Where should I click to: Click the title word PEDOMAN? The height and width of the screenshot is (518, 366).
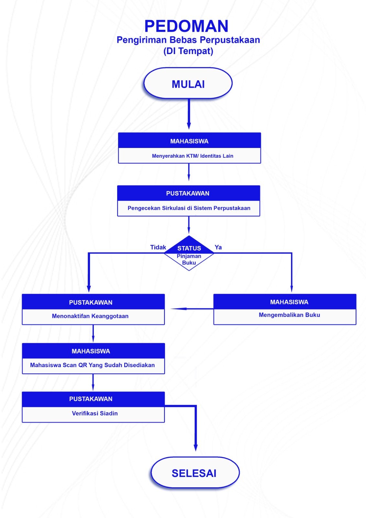click(x=186, y=26)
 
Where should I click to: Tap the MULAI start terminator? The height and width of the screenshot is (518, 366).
click(x=188, y=84)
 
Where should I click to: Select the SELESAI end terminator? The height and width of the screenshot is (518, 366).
click(x=194, y=473)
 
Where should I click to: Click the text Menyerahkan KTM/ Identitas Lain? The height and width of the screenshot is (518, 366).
click(x=193, y=156)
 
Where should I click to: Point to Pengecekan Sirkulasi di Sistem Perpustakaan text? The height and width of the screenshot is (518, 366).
click(x=189, y=208)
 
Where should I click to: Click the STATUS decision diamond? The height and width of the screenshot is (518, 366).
click(x=189, y=253)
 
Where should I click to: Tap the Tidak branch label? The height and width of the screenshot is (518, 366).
click(x=158, y=247)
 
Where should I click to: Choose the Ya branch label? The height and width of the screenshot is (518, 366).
click(x=218, y=247)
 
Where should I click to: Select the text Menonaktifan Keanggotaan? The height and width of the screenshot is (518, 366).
click(x=90, y=316)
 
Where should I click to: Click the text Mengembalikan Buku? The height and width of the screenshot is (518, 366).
click(x=289, y=315)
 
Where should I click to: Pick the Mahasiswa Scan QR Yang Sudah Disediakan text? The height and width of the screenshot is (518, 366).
click(x=92, y=365)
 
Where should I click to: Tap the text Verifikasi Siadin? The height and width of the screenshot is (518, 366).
click(x=95, y=413)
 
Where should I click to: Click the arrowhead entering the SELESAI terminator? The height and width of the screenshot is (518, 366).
click(x=195, y=447)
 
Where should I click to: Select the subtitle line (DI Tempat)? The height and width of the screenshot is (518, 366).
click(x=188, y=51)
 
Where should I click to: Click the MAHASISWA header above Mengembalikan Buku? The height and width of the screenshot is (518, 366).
click(x=289, y=302)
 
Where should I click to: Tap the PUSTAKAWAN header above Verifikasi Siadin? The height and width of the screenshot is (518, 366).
click(x=91, y=399)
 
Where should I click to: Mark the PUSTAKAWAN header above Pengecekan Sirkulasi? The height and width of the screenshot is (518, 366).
click(x=188, y=193)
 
